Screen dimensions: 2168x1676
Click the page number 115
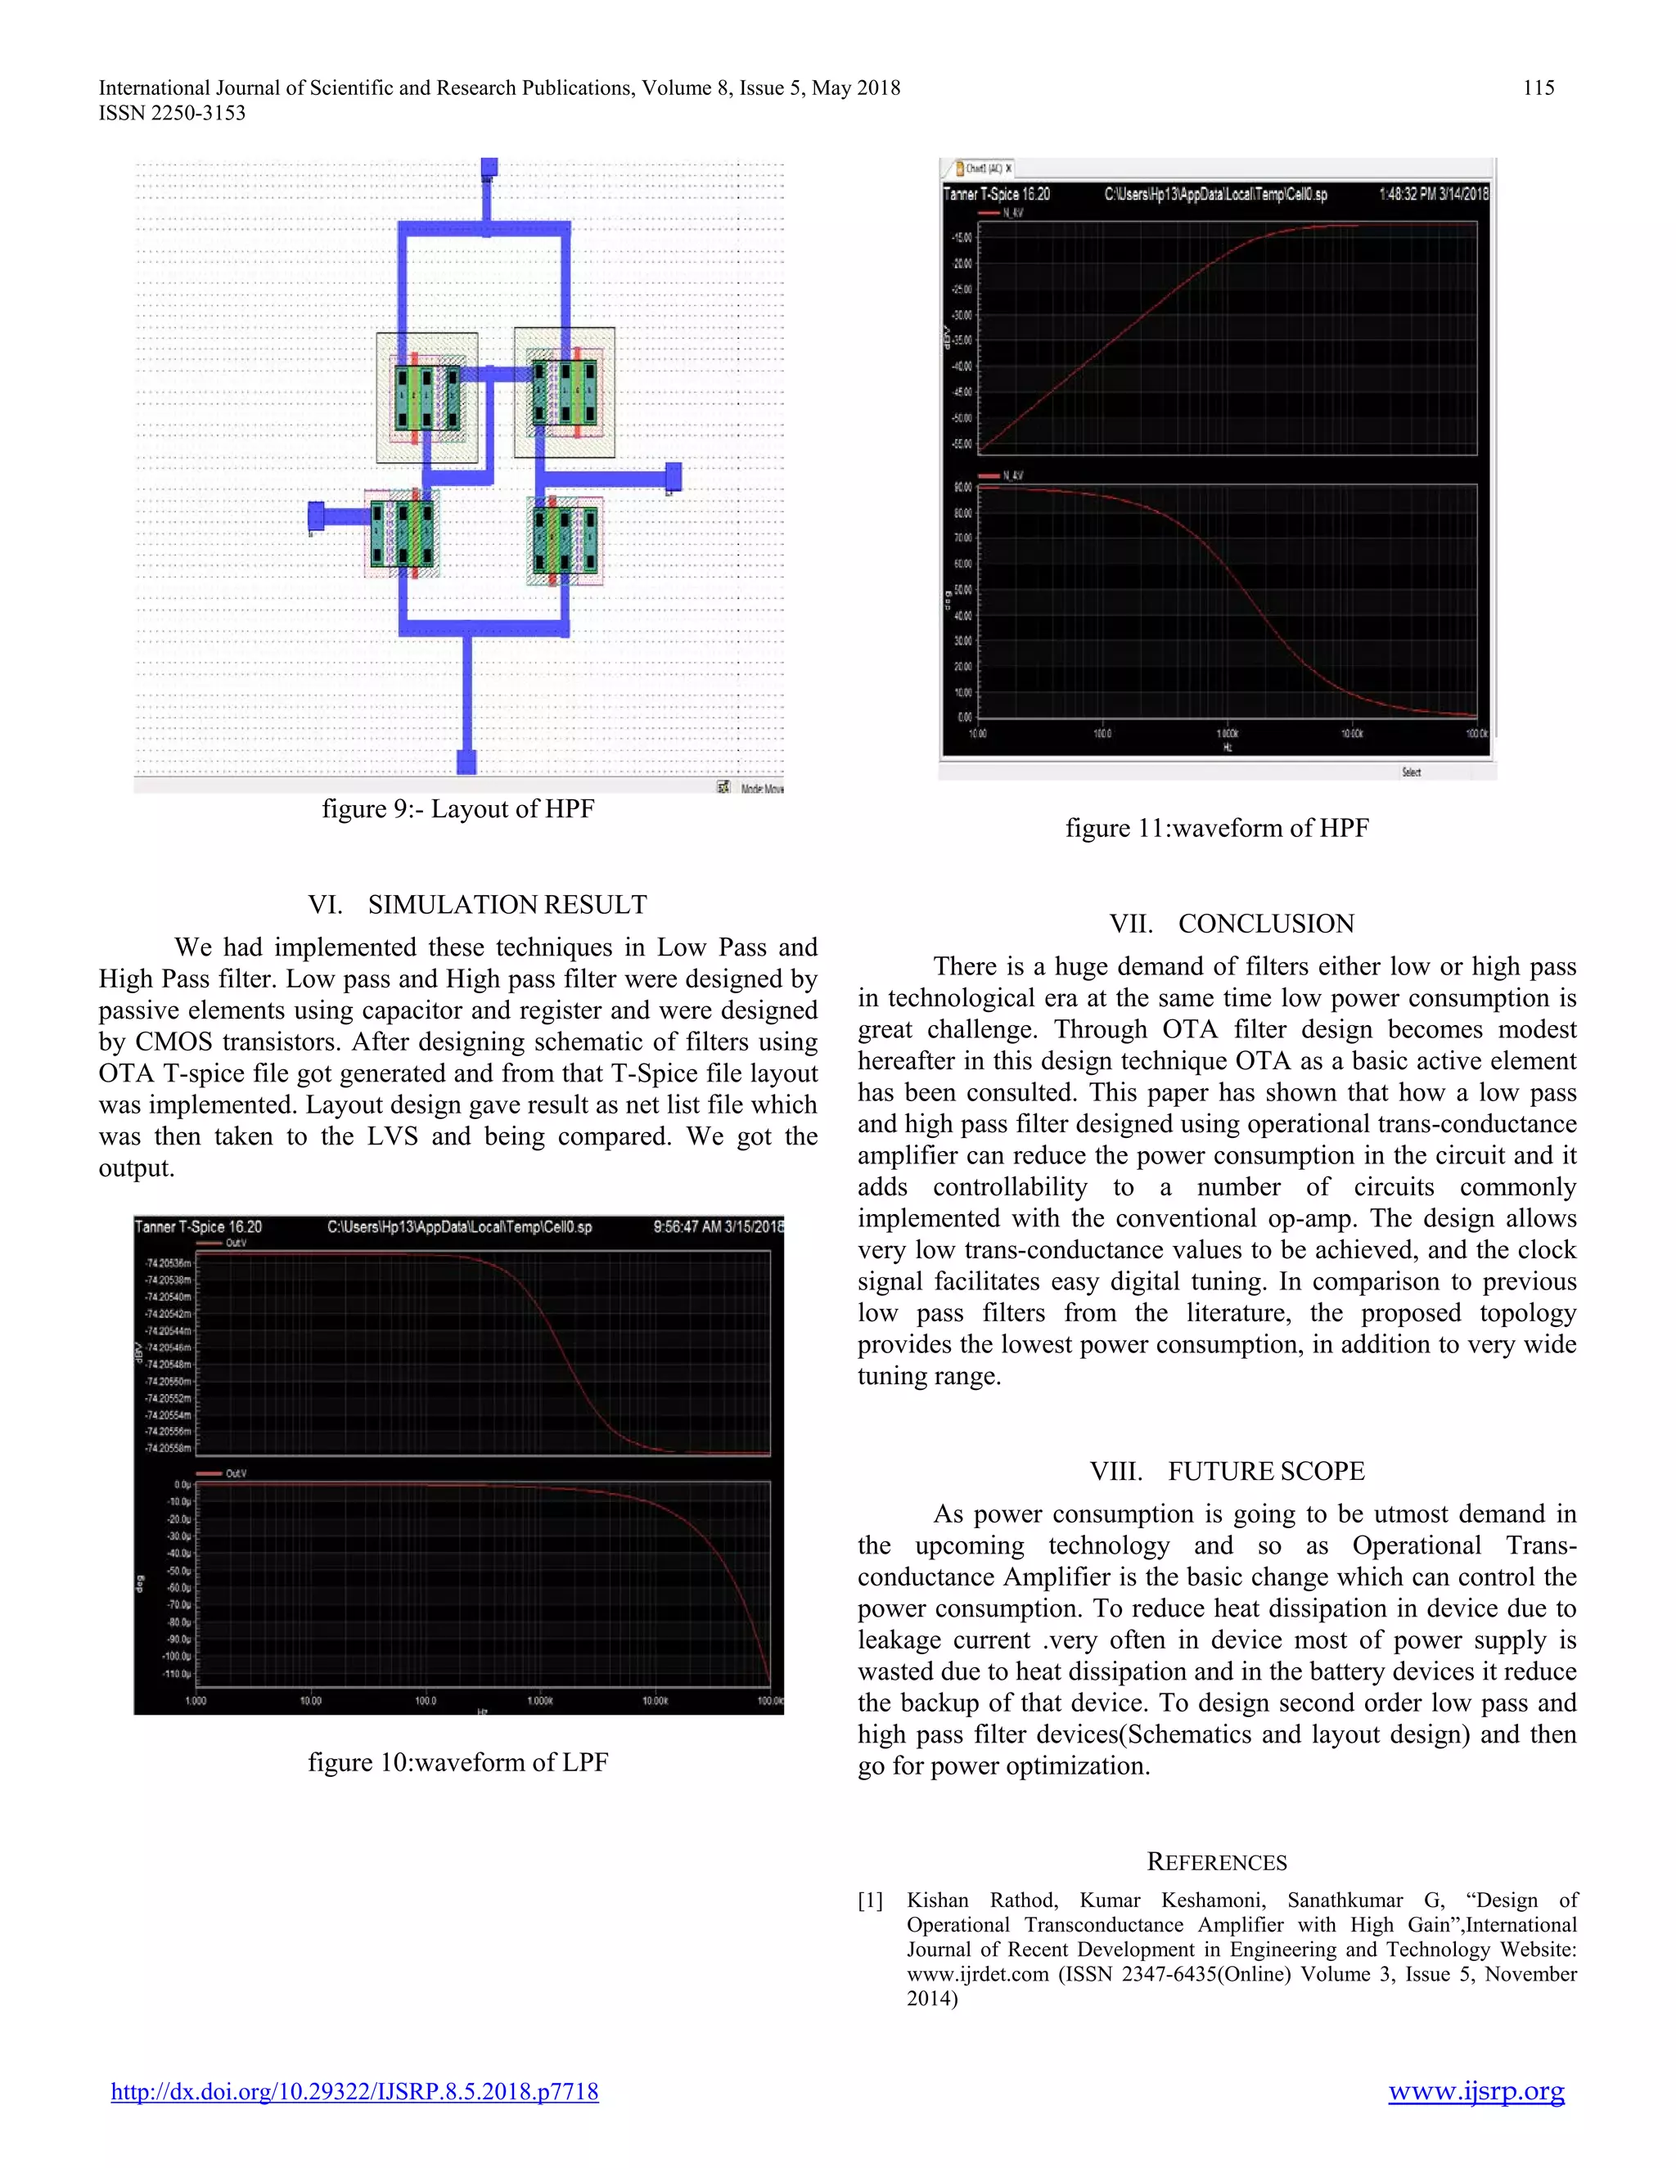(1538, 88)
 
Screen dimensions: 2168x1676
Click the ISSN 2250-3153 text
(172, 113)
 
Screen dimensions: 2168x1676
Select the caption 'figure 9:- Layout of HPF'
(457, 809)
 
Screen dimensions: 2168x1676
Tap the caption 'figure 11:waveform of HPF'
(1216, 828)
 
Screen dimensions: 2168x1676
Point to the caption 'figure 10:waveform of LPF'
(457, 1762)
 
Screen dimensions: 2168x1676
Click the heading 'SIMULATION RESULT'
(507, 904)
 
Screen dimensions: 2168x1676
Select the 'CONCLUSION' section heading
(1265, 924)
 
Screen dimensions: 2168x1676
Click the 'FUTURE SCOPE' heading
(1265, 1471)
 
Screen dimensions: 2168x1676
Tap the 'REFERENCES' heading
(1216, 1862)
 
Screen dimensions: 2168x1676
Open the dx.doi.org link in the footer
(354, 2092)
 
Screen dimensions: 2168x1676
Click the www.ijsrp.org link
(1476, 2092)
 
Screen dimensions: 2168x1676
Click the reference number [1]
(870, 1900)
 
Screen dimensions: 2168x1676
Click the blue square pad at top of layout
(489, 168)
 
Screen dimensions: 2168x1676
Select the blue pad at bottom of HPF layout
(466, 762)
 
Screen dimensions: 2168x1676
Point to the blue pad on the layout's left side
(316, 516)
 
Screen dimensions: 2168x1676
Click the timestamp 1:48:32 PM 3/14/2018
(1433, 195)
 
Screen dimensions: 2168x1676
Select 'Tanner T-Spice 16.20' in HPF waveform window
(996, 195)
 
